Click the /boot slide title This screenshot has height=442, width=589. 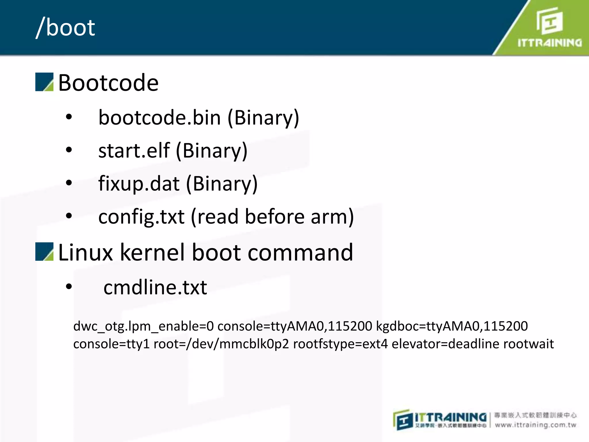coord(66,28)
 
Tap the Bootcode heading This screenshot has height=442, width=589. coord(108,83)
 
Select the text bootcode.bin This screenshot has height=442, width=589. coord(159,118)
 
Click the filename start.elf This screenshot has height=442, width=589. coord(134,151)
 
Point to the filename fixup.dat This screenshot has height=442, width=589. coord(139,184)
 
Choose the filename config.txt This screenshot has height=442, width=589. coord(141,217)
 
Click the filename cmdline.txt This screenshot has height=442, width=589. coord(155,287)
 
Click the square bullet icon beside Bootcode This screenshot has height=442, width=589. coord(44,82)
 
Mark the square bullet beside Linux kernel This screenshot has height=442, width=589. coord(44,252)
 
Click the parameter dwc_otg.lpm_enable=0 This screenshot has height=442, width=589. coord(144,326)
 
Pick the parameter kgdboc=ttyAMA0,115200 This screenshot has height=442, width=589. coord(452,326)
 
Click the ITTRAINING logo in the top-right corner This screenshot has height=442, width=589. coord(549,28)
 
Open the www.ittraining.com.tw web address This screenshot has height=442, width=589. coord(536,425)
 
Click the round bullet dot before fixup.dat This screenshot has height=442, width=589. coord(69,183)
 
